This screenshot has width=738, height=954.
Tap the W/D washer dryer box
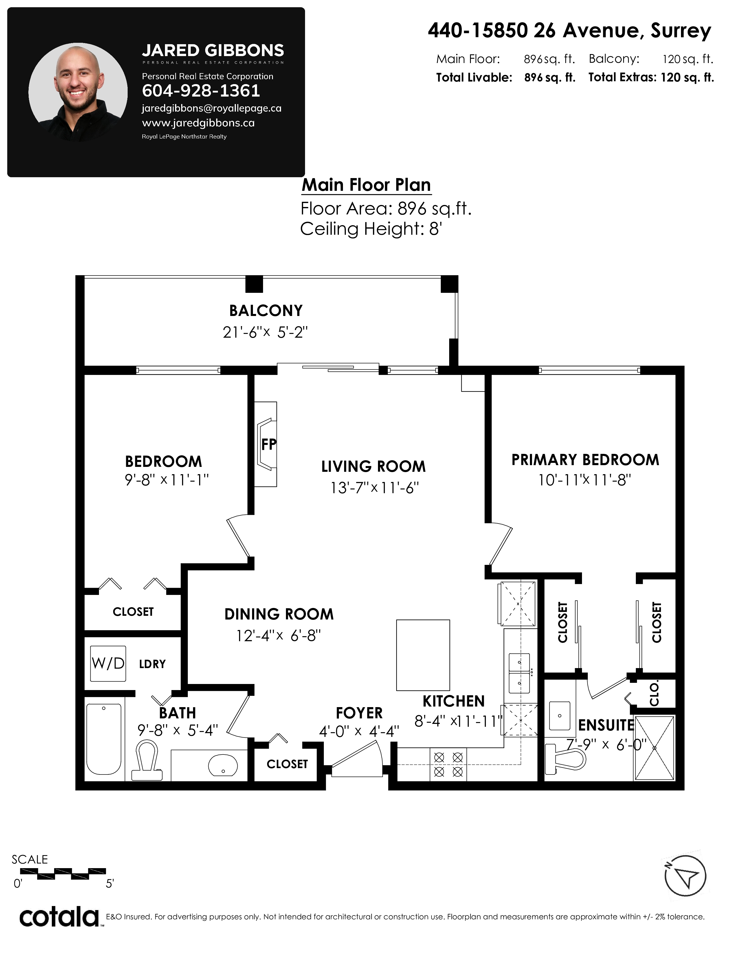coord(108,663)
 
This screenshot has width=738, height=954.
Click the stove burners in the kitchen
coord(448,765)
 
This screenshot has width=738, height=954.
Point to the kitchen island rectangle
coord(423,655)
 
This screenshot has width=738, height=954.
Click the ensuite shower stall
coord(654,748)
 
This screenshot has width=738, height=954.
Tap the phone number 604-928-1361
coord(201,91)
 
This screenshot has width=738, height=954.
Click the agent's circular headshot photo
coord(78,92)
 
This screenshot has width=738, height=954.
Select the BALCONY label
coord(266,310)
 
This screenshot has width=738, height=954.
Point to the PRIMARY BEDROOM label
coord(585,460)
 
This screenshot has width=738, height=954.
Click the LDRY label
coord(152,664)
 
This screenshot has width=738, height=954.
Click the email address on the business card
coord(212,108)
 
